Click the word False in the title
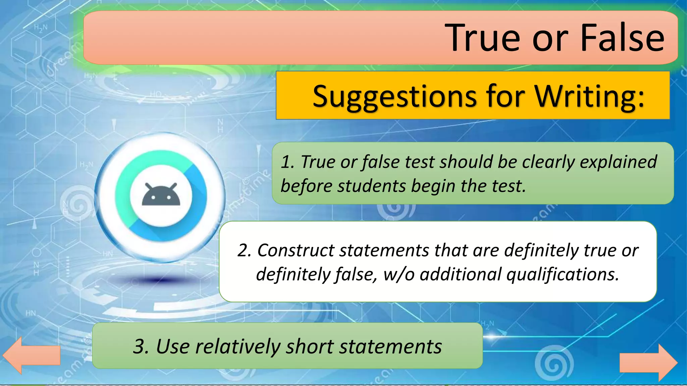pos(622,38)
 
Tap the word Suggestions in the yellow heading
pos(394,96)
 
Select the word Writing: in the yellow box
pos(589,96)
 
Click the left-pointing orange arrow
pos(31,355)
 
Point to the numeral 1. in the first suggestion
pos(287,162)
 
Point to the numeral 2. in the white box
pos(244,250)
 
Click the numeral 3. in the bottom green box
pos(141,346)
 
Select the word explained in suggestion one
pos(618,162)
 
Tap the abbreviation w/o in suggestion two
pos(399,274)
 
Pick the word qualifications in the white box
pos(563,274)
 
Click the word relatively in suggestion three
pos(237,346)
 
